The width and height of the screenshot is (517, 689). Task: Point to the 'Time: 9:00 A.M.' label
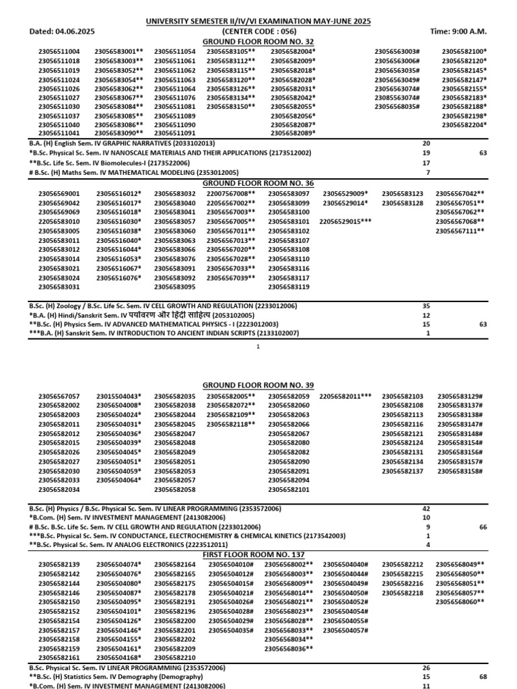[x=458, y=32]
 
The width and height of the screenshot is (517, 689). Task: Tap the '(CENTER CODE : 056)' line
[x=258, y=32]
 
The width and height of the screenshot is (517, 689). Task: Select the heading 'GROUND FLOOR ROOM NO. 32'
[x=258, y=41]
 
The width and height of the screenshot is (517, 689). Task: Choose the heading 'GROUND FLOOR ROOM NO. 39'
[x=258, y=385]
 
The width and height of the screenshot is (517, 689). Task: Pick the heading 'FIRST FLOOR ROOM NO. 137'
[x=258, y=553]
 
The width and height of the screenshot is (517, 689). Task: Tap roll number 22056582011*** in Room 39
[x=345, y=396]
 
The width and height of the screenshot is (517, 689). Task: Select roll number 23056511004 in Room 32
[x=59, y=51]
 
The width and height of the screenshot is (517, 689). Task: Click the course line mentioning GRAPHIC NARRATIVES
[x=122, y=144]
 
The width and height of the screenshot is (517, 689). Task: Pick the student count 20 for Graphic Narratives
[x=425, y=144]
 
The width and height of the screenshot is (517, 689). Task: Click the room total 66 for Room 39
[x=483, y=527]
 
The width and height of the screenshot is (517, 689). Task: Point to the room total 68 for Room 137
[x=483, y=676]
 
